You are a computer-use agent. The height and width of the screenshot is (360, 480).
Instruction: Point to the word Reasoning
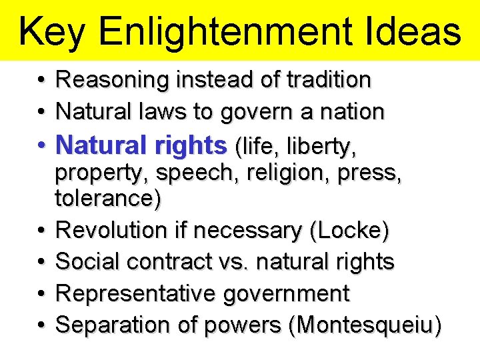[x=113, y=81]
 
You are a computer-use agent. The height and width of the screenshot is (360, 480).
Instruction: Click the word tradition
[x=329, y=80]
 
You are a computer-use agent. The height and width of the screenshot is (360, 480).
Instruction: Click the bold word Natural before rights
[x=102, y=144]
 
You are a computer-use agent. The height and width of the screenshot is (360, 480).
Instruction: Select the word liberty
[x=324, y=145]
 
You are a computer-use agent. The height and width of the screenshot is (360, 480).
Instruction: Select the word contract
[x=167, y=261]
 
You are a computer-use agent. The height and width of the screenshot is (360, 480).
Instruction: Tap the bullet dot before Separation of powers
[x=41, y=325]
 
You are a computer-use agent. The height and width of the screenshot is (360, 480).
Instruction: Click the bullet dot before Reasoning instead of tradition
[x=41, y=81]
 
